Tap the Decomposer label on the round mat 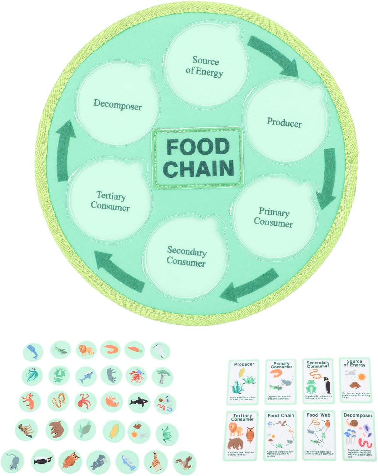(117, 104)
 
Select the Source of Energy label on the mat (204, 67)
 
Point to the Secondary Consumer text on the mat (186, 256)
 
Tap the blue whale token (33, 351)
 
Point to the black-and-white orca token (138, 402)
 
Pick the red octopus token (85, 401)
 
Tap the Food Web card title (318, 415)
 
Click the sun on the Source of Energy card (362, 377)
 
